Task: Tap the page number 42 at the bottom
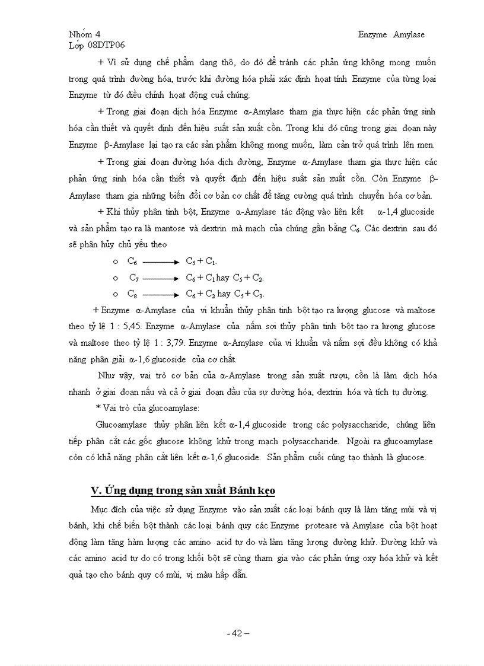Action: coord(237,633)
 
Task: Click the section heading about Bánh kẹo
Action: coord(183,490)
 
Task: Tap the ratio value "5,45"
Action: coord(130,326)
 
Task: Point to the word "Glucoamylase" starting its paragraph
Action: coord(121,425)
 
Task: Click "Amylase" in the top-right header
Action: coord(410,34)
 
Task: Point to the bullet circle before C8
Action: coord(116,294)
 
